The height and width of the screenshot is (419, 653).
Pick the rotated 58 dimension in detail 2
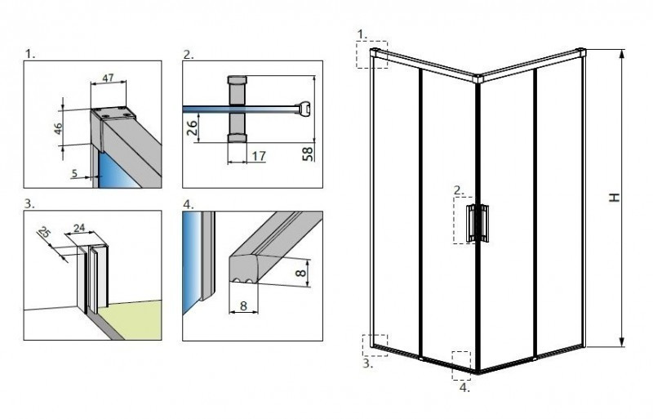(309, 153)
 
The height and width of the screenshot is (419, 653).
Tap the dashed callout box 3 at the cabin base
(375, 344)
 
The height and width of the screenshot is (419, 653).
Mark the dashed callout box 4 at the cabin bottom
(462, 363)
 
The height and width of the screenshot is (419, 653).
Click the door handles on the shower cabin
(478, 223)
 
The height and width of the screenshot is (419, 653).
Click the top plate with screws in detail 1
(109, 114)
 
